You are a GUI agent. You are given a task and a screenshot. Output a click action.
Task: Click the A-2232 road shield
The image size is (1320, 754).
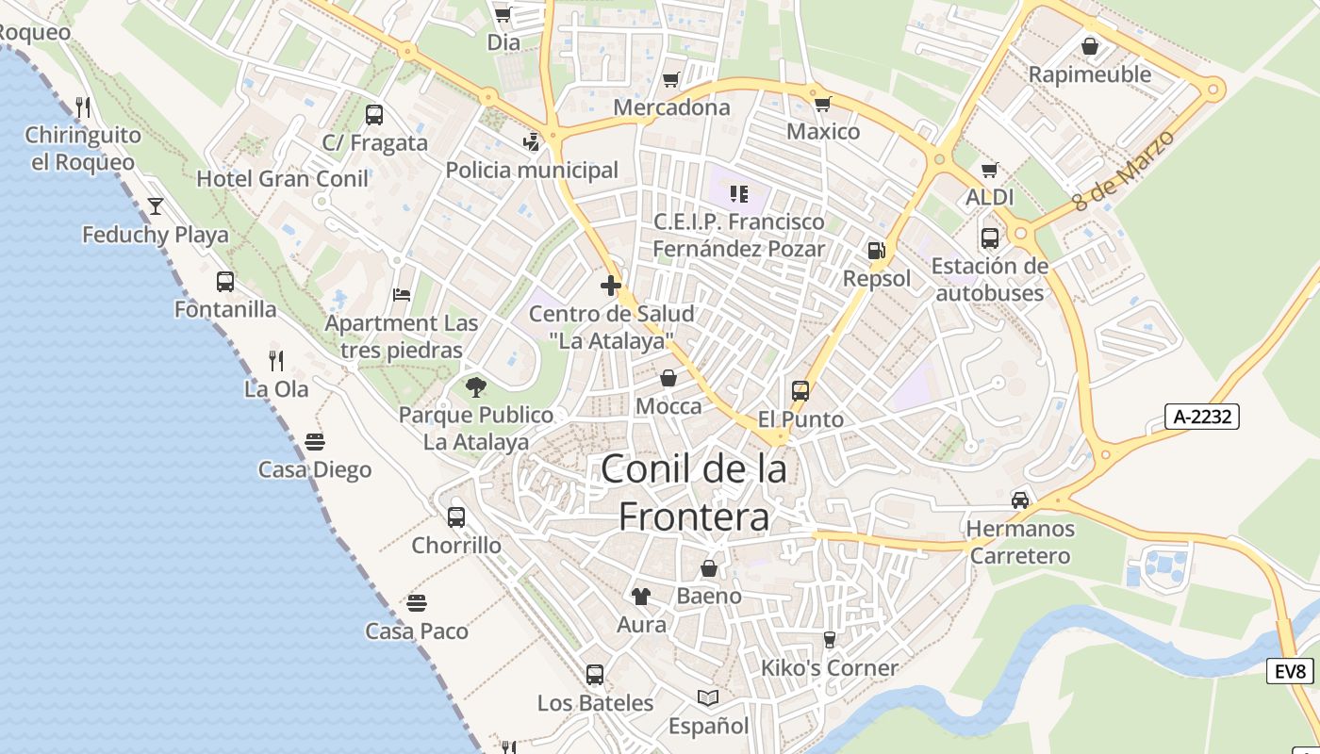click(x=1201, y=417)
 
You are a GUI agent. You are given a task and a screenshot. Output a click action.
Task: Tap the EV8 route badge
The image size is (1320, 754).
click(x=1290, y=671)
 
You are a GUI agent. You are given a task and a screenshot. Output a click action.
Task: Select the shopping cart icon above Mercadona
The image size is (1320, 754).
click(x=670, y=80)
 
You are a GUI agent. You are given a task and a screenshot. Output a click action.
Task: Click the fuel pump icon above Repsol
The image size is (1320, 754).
click(x=876, y=251)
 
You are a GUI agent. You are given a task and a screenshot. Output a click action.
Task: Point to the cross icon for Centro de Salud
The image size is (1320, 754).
click(x=611, y=285)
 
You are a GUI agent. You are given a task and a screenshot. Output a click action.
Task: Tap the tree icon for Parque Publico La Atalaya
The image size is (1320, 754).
click(x=475, y=386)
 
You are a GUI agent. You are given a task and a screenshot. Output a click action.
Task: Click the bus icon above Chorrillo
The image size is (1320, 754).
click(x=456, y=516)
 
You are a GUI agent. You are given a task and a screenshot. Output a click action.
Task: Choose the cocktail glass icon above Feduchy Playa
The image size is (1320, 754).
click(x=155, y=205)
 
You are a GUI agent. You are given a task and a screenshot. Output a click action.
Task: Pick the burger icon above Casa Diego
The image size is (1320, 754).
click(x=315, y=441)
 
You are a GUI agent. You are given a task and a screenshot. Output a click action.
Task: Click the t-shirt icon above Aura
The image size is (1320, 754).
click(x=641, y=596)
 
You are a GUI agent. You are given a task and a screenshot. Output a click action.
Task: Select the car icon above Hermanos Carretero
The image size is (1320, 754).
click(x=1020, y=500)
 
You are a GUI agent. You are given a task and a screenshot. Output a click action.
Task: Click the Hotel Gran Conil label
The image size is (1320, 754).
click(x=282, y=178)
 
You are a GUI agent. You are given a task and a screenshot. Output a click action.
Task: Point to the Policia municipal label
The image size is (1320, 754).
click(x=532, y=170)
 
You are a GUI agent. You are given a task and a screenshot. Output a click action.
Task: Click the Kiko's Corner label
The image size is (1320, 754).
click(x=830, y=668)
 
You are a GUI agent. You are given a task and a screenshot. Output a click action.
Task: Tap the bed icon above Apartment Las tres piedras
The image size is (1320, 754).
click(x=402, y=295)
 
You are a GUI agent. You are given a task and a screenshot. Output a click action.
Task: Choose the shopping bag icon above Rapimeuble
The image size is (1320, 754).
click(x=1090, y=45)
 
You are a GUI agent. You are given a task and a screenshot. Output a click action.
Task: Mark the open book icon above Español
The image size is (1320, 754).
click(x=708, y=697)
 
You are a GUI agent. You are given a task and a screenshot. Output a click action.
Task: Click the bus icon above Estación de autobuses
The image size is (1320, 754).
click(x=989, y=238)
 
